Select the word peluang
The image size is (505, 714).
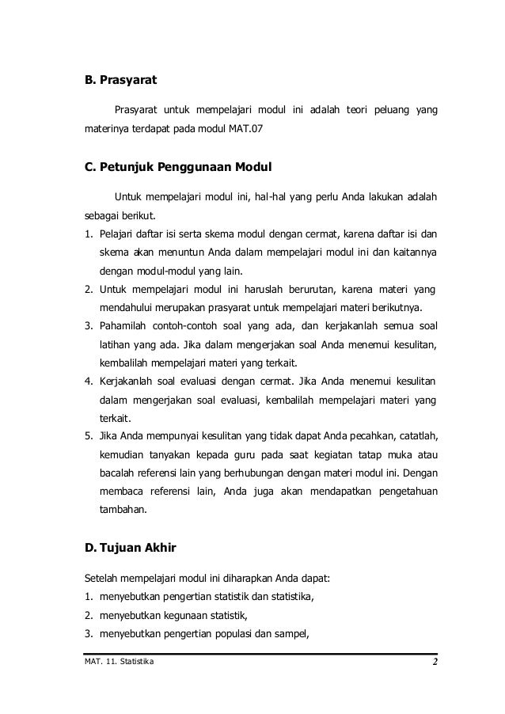tap(386, 108)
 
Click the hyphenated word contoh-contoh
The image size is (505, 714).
tap(188, 327)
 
